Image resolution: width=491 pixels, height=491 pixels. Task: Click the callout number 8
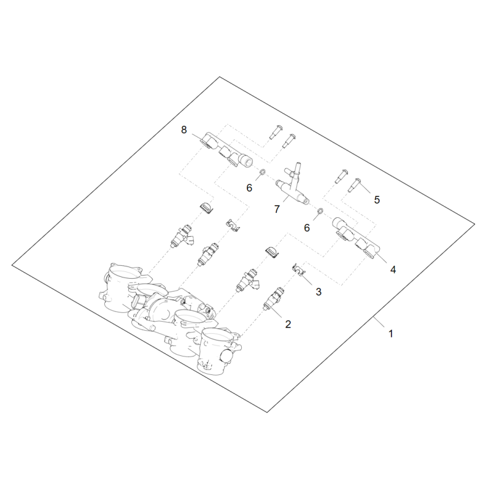pyautogui.click(x=184, y=130)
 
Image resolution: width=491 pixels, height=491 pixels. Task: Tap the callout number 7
pyautogui.click(x=277, y=209)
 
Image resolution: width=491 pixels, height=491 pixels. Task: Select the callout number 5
pyautogui.click(x=377, y=199)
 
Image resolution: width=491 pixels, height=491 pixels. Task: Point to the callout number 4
pyautogui.click(x=393, y=269)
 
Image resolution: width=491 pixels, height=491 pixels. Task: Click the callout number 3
pyautogui.click(x=319, y=292)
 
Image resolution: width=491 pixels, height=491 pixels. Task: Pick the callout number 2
pyautogui.click(x=288, y=324)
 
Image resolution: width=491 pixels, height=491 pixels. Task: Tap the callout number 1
pyautogui.click(x=391, y=334)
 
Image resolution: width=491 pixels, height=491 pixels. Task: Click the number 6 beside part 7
pyautogui.click(x=307, y=228)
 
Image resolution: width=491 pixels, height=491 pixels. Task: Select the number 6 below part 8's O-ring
pyautogui.click(x=249, y=188)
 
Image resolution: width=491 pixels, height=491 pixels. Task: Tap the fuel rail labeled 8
pyautogui.click(x=226, y=151)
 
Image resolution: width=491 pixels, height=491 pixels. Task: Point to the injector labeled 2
pyautogui.click(x=274, y=298)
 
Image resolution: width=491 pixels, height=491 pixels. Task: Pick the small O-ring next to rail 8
pyautogui.click(x=263, y=172)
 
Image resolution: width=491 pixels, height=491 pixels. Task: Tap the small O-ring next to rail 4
pyautogui.click(x=320, y=211)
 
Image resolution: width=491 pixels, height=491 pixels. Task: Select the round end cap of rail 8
pyautogui.click(x=246, y=162)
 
